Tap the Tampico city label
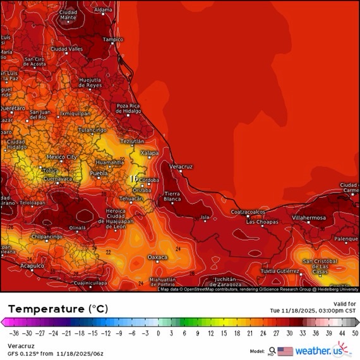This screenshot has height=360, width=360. [113, 39]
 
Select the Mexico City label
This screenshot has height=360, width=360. [62, 156]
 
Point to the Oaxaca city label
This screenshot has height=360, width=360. [157, 257]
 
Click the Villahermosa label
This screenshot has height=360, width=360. [309, 217]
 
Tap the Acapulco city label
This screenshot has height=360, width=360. [32, 266]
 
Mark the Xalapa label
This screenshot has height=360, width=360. [150, 153]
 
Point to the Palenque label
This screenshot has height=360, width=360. [346, 239]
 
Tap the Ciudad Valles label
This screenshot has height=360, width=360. [66, 49]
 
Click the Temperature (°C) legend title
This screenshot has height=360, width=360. [57, 309]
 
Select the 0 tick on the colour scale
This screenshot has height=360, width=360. [158, 333]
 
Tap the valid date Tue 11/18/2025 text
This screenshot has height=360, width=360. [313, 310]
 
